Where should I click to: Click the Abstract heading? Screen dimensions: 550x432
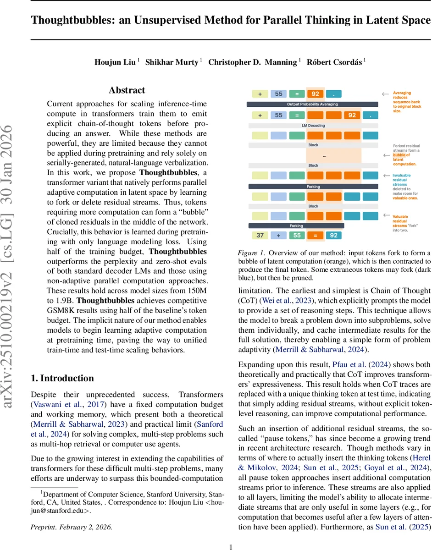127,90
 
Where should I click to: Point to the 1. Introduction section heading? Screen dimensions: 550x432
62,378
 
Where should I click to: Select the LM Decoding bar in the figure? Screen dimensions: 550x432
313,125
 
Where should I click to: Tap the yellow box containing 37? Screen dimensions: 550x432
260,236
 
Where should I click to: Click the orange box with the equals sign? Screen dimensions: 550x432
315,236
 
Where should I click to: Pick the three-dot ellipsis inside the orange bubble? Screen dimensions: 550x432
324,156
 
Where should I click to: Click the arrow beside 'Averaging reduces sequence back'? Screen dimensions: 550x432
386,94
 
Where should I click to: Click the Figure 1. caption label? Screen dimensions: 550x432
251,253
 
